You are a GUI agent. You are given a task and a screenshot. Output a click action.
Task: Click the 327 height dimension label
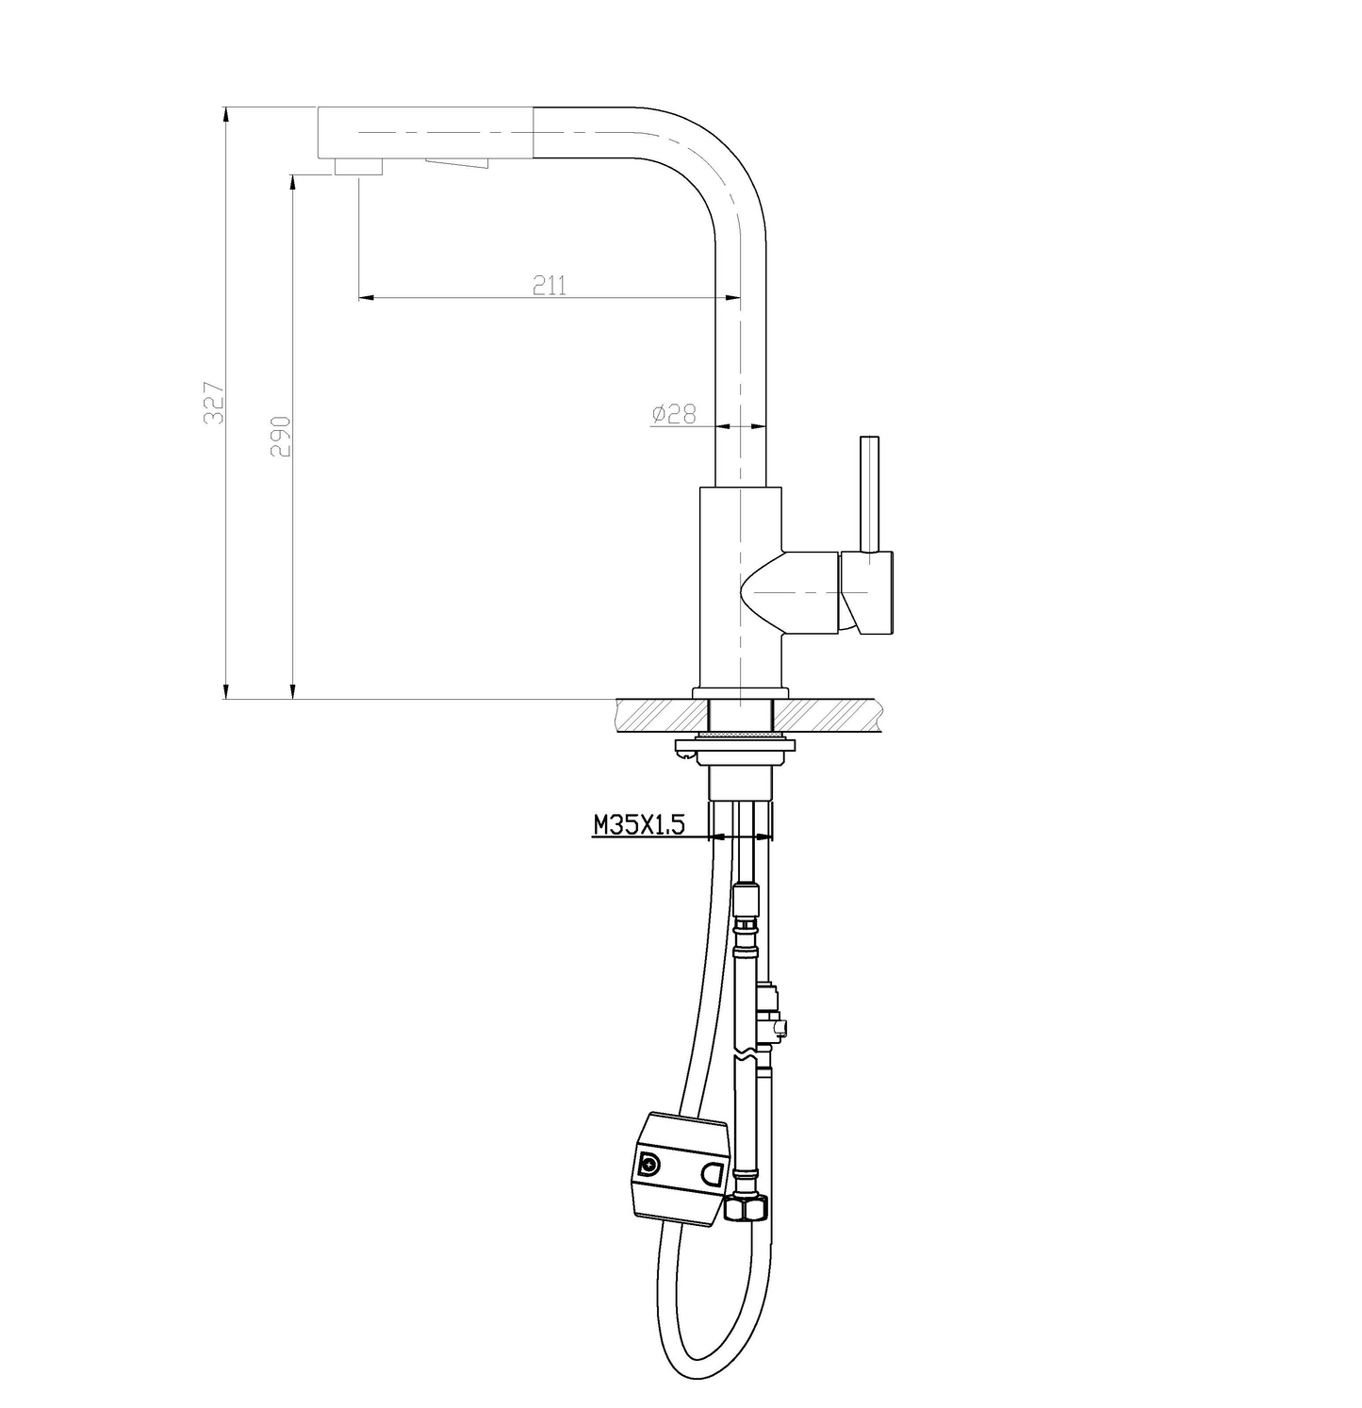(214, 402)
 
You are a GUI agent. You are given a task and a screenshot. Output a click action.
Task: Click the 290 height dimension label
(280, 436)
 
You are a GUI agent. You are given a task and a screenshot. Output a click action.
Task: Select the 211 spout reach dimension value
(550, 284)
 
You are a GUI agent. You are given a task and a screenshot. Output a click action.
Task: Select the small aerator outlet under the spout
(358, 167)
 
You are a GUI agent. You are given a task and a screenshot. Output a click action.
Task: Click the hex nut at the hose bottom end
(747, 1207)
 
